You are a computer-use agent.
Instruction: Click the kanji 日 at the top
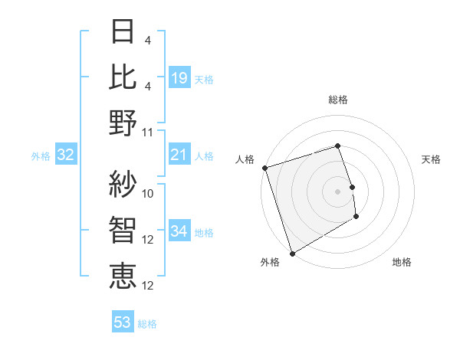123,32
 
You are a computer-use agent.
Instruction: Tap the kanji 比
123,77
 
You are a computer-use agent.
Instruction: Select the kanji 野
123,123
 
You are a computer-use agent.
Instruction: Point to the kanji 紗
123,183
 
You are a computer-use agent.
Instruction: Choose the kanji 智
123,228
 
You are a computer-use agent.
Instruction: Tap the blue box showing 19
179,77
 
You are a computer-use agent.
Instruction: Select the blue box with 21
179,155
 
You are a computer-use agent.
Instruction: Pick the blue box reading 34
179,232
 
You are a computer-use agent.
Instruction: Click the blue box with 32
66,155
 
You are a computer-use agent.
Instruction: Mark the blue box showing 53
122,322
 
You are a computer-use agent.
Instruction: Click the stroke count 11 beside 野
148,133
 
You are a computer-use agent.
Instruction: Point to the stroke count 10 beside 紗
148,193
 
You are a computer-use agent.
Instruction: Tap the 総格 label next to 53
147,324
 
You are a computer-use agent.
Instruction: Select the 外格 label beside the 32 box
41,156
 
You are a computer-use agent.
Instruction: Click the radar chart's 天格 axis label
431,159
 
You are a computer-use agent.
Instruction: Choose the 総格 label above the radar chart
338,100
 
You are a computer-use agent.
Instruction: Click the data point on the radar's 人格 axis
264,168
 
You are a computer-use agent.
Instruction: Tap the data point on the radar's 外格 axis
292,254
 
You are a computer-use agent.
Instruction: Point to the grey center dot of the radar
338,191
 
